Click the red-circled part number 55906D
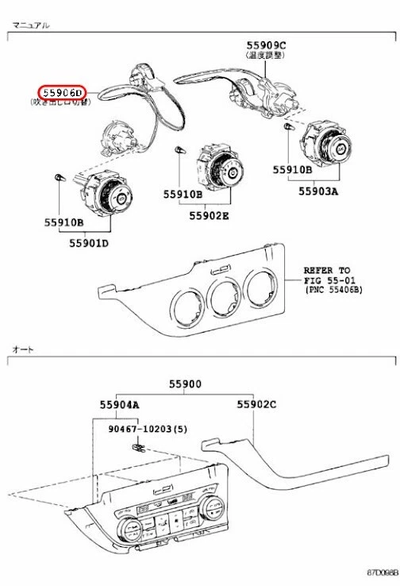point(63,92)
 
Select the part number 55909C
point(265,46)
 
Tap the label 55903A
point(318,191)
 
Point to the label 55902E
point(209,215)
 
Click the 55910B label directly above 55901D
point(63,222)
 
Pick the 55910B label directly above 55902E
point(183,194)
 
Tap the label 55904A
point(120,404)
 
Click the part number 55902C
point(256,404)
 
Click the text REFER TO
point(326,270)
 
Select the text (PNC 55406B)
point(333,291)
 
